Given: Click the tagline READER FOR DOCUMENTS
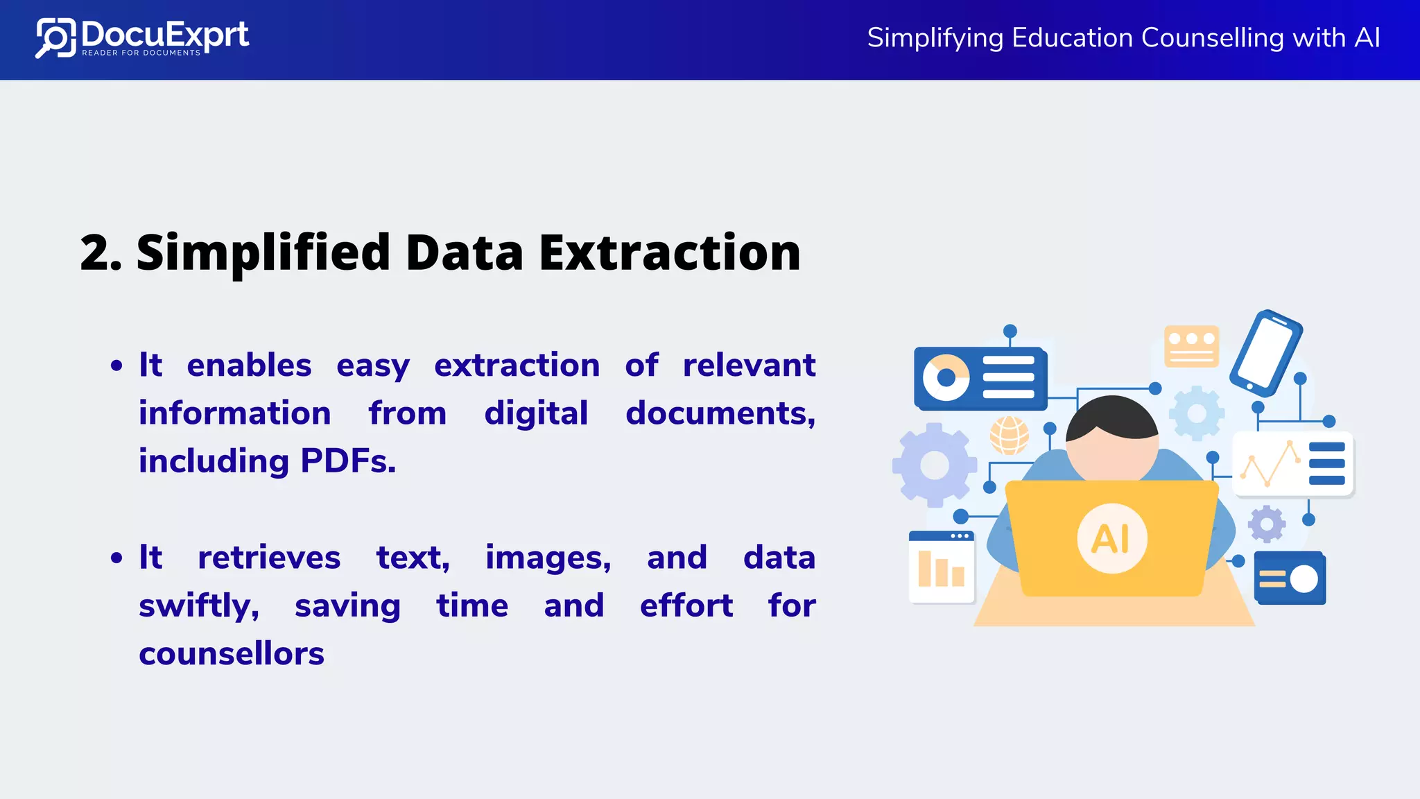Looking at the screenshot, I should [x=141, y=53].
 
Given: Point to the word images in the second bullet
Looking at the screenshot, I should [x=548, y=558].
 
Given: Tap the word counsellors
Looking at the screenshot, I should [x=232, y=654].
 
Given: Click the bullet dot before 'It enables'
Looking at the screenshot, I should [x=116, y=366].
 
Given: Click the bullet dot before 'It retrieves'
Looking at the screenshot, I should [x=116, y=558].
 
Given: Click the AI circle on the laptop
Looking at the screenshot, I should [x=1111, y=538].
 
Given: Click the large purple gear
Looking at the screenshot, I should [x=934, y=465].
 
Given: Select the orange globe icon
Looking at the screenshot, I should [x=1009, y=435].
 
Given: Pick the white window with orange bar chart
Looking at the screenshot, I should [x=942, y=567].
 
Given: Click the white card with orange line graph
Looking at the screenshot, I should [x=1292, y=464].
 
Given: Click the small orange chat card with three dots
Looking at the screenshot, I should [x=1191, y=345].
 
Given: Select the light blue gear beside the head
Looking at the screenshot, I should [x=1197, y=413].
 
